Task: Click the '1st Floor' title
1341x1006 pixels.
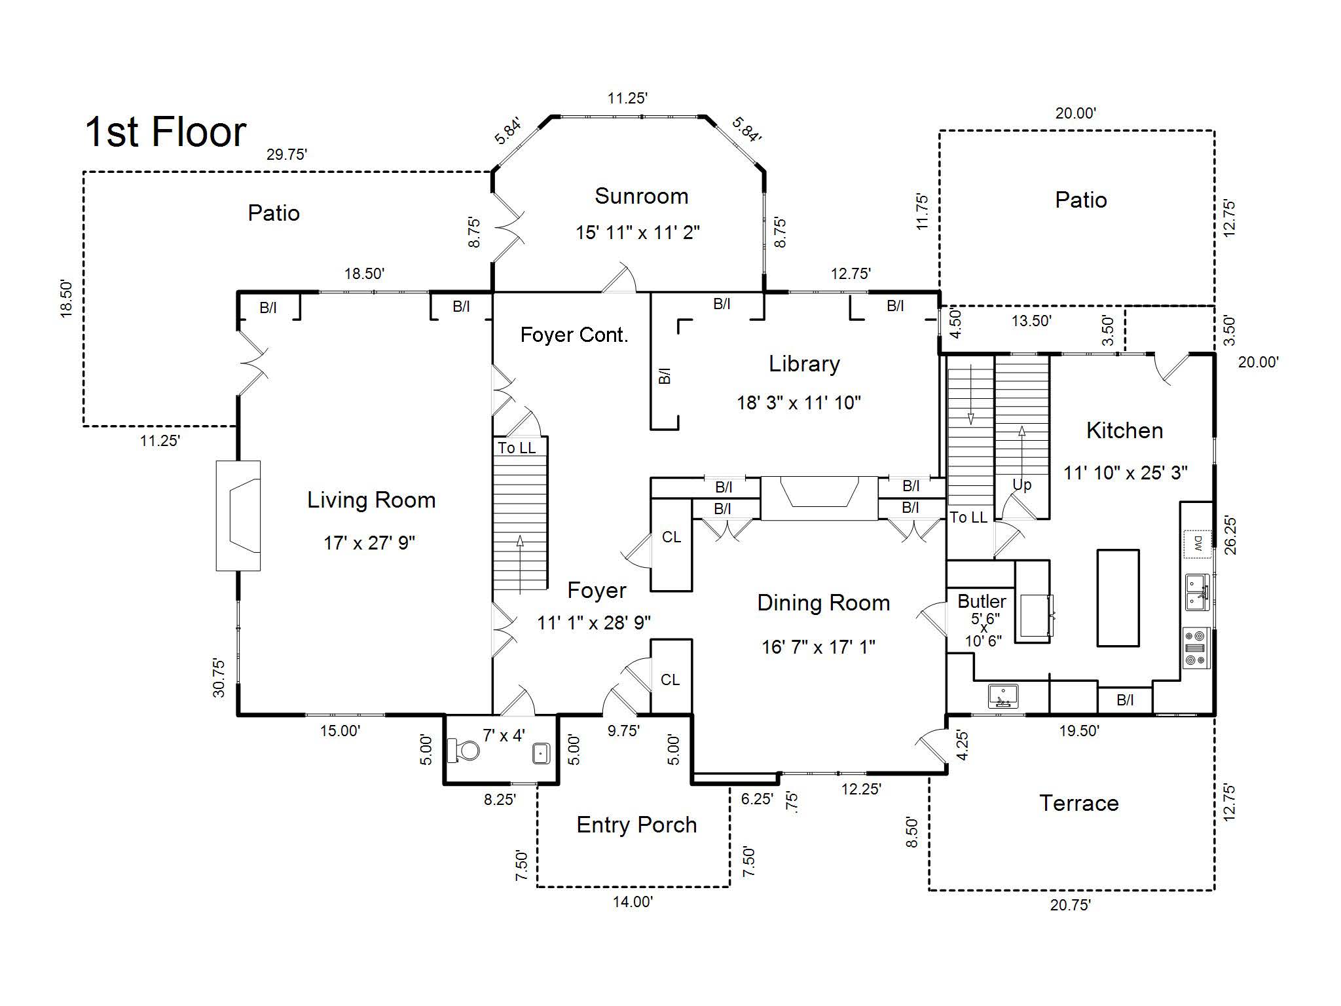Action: (166, 132)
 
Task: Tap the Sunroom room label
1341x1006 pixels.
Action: (641, 196)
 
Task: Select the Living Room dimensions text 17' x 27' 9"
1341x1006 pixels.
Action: (369, 543)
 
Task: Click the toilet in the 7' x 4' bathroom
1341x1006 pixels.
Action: (462, 751)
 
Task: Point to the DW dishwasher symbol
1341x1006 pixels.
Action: (1197, 543)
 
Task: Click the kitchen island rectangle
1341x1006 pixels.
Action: (1118, 598)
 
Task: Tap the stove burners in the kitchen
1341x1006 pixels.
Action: (1196, 648)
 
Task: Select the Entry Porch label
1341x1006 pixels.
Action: (636, 825)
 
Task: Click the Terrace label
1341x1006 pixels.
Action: (1079, 803)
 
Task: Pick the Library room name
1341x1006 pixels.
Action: (804, 364)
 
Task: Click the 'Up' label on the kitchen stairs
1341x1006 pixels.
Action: (1021, 485)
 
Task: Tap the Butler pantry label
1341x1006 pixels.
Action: (982, 601)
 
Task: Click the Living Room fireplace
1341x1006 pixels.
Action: (238, 515)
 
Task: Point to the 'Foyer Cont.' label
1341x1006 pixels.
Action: (574, 335)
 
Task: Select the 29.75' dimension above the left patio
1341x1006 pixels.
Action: (287, 155)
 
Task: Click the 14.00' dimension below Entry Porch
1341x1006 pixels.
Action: (633, 902)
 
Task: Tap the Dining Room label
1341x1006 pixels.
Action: (824, 603)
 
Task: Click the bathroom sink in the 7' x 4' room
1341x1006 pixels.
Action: (540, 753)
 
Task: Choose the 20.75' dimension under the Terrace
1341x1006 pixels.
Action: (1070, 904)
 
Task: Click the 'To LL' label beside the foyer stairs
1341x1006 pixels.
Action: (517, 448)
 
